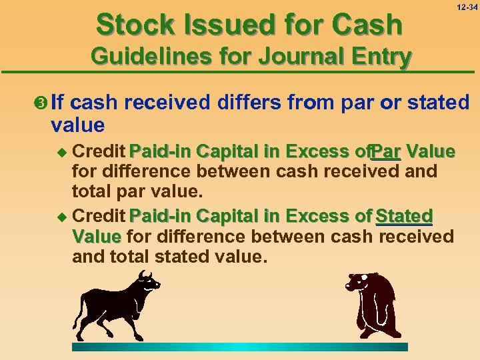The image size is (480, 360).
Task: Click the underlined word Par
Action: click(386, 151)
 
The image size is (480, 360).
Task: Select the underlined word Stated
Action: click(404, 216)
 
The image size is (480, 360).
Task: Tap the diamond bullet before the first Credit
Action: click(64, 151)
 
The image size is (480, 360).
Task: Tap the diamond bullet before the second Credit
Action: click(64, 217)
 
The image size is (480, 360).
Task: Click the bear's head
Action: click(357, 283)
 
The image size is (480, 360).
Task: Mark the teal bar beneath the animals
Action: click(239, 347)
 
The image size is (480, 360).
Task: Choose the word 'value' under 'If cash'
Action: click(77, 125)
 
